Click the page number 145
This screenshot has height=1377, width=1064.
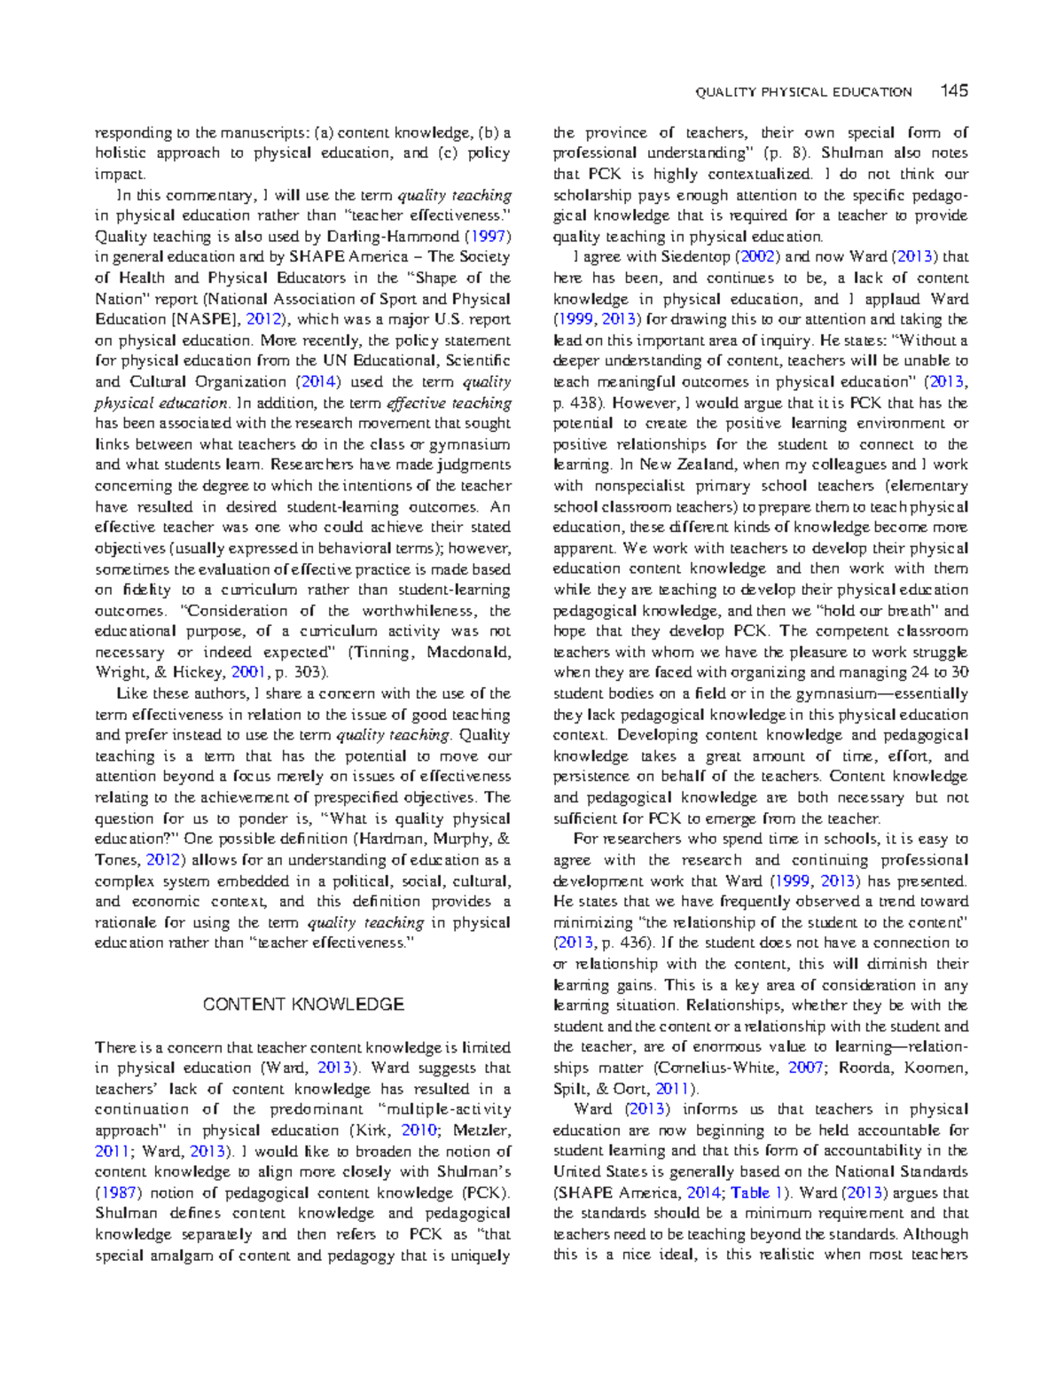point(954,90)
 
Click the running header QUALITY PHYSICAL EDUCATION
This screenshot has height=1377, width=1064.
point(803,91)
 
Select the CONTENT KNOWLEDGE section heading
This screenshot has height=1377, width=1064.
point(303,1005)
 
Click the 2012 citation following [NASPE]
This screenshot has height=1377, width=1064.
point(264,319)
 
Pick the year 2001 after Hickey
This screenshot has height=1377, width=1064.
point(248,672)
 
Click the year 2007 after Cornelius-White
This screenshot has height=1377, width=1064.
point(805,1068)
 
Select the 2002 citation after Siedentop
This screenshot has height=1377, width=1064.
point(758,257)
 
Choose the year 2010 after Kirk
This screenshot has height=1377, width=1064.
point(419,1131)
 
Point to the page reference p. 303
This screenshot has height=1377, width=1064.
point(302,672)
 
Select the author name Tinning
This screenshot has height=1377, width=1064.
point(382,652)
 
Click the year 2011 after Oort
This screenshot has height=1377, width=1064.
point(672,1089)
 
